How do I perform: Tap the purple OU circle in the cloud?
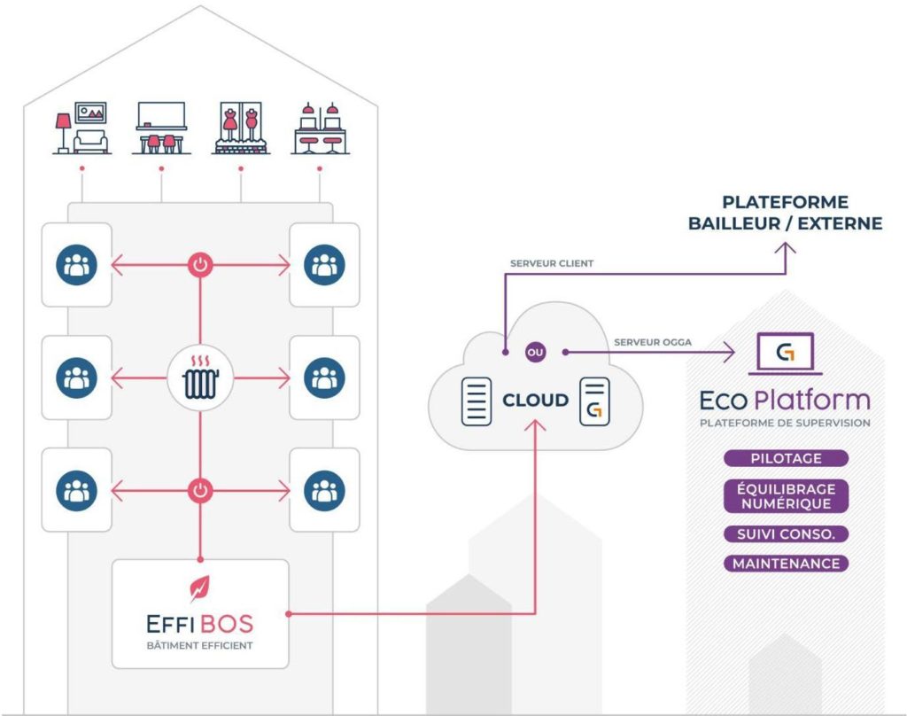pos(535,352)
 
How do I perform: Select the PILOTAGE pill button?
pos(786,458)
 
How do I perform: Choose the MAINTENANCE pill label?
pos(786,564)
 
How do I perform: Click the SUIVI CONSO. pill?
pos(786,534)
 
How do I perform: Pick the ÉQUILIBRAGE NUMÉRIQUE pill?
pos(786,496)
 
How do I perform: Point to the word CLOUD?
pos(535,401)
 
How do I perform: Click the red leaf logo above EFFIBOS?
pos(200,586)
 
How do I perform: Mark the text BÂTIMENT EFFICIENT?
pos(200,645)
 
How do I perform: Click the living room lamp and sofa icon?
pos(81,128)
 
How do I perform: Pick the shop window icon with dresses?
pos(240,128)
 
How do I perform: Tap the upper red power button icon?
pos(200,264)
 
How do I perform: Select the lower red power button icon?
pos(200,490)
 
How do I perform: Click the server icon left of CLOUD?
pos(476,401)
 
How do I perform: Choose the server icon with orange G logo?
pos(594,401)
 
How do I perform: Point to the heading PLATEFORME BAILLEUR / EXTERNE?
pos(785,213)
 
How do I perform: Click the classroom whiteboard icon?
pos(160,128)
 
